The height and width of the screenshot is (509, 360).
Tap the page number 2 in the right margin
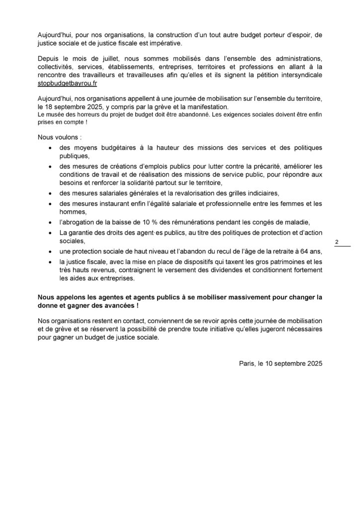337,242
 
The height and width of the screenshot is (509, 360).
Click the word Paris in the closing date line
247,364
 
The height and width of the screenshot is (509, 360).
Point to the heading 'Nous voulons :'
57,137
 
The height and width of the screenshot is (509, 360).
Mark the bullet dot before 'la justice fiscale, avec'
50,261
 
